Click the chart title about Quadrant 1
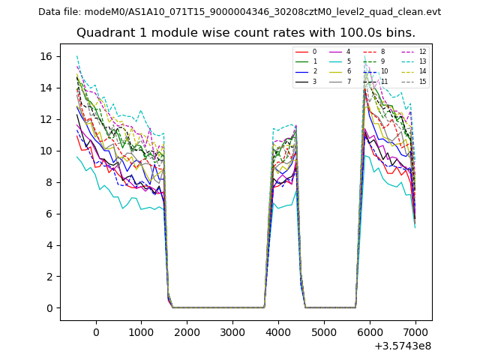246,33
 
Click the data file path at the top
240,12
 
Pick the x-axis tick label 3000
232,331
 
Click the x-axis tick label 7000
415,331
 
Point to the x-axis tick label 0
95,331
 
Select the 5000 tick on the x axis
324,331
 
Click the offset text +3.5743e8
402,346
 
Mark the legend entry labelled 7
348,81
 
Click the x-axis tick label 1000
141,331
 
